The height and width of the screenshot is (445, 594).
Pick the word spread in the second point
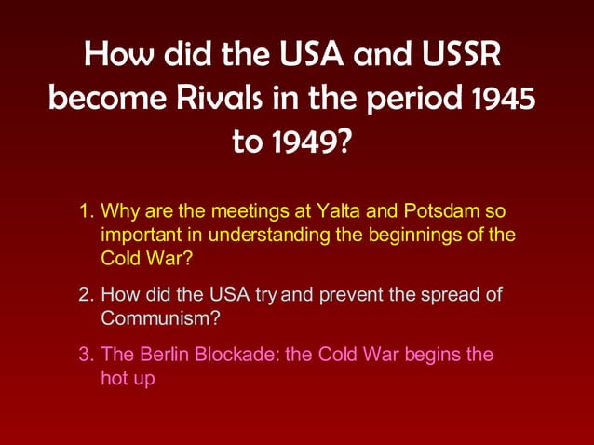pos(452,295)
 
